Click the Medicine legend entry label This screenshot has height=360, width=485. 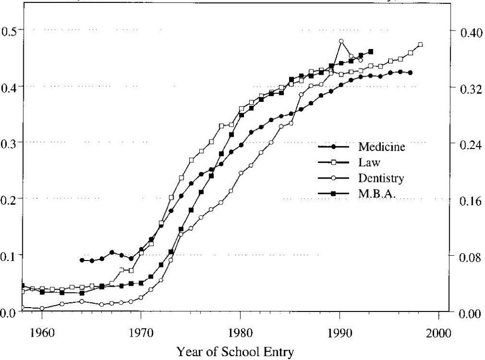point(382,147)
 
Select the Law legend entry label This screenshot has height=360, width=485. point(369,163)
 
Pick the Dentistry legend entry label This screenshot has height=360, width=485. point(381,179)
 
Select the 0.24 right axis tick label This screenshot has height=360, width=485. point(468,144)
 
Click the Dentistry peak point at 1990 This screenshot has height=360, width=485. point(341,41)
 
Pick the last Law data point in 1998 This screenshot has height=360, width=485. point(420,44)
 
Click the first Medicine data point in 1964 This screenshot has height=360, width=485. point(82,260)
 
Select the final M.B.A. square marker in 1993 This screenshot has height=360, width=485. point(371,51)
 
